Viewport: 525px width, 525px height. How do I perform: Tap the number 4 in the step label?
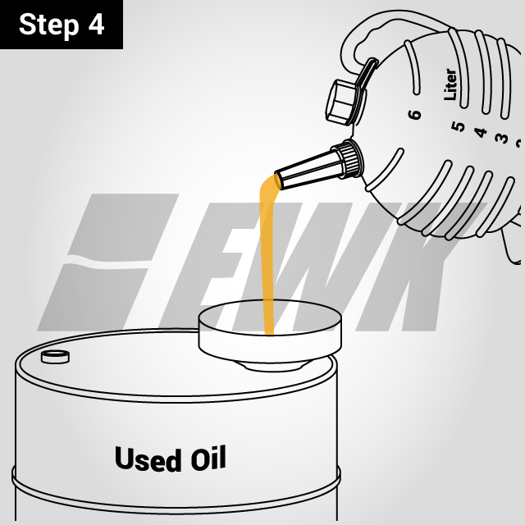tap(96, 25)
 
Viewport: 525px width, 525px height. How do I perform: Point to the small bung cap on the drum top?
tap(56, 356)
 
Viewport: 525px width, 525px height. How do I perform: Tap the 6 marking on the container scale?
tap(415, 113)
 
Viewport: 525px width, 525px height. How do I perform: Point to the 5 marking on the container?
tap(458, 127)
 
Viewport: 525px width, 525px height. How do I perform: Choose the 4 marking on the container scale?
tap(481, 132)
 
